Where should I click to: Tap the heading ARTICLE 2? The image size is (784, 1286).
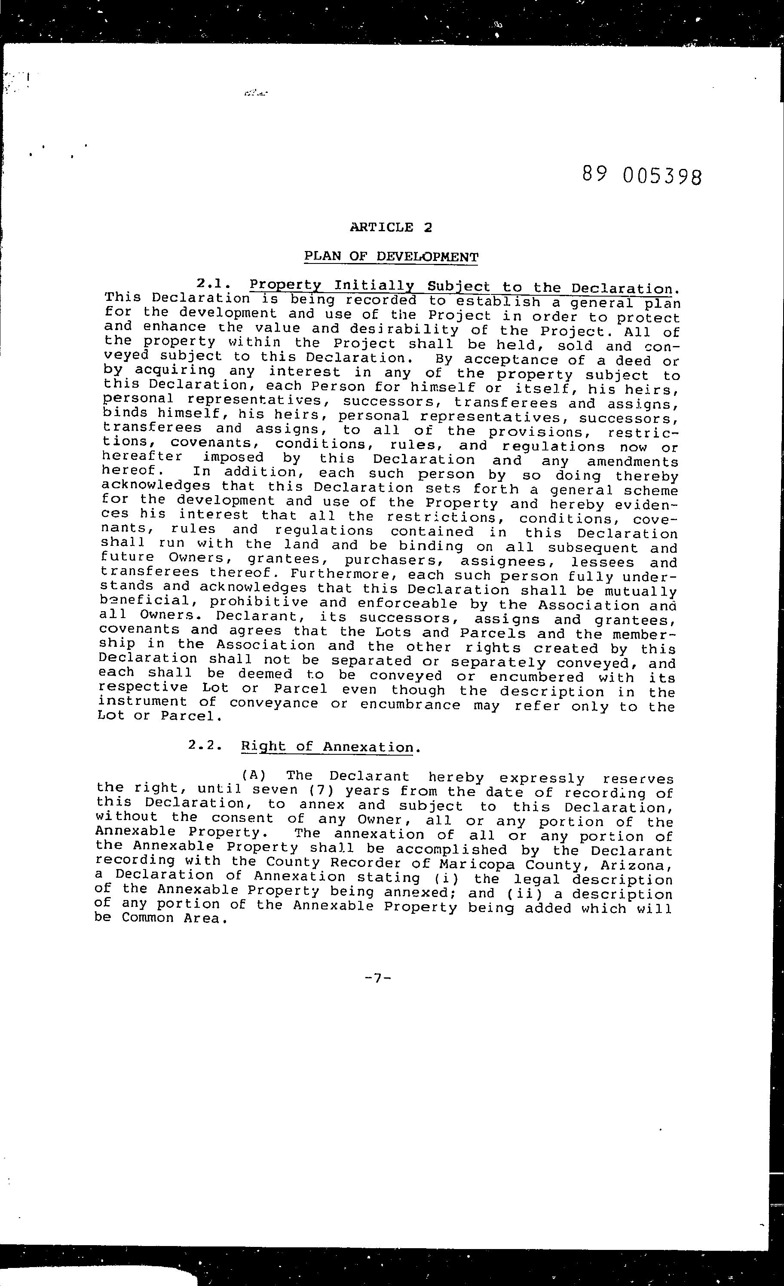tap(391, 227)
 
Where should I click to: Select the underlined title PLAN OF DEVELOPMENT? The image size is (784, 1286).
tap(391, 256)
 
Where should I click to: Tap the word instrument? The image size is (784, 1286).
tap(142, 702)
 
